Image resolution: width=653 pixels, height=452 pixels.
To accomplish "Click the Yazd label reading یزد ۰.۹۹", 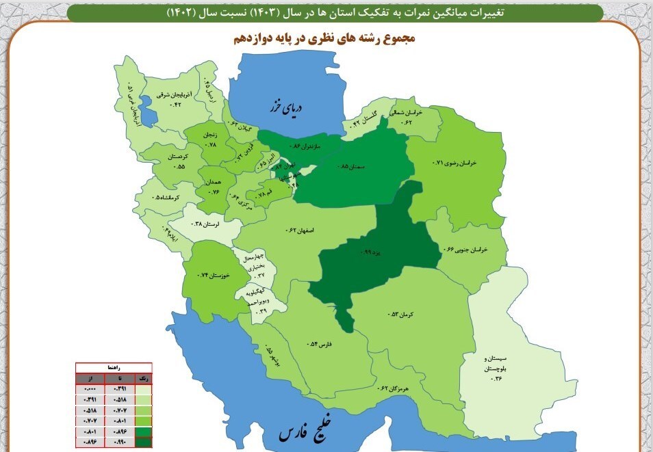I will click(373, 252).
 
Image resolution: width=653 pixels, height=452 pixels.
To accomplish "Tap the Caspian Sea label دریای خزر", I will click(285, 107).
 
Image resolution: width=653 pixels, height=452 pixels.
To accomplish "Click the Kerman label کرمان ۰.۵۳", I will click(404, 314).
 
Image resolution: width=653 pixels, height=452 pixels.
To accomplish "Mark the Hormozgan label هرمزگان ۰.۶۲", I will click(393, 388).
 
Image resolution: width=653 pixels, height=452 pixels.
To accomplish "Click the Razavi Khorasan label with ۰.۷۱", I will click(454, 163).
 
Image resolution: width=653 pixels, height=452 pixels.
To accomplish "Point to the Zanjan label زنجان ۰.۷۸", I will click(211, 140).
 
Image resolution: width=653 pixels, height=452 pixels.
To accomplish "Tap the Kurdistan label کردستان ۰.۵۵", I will click(172, 161).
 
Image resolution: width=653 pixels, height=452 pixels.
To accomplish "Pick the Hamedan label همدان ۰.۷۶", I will click(214, 187).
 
